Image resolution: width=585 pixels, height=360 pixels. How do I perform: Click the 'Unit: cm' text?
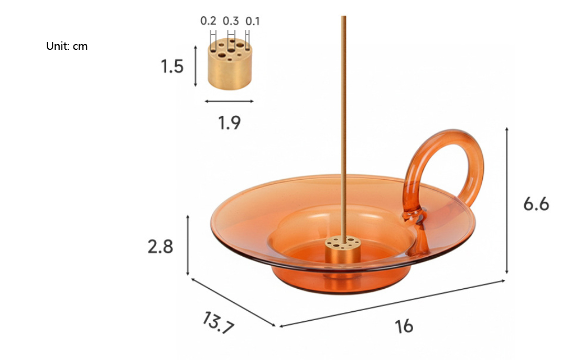pos(67,46)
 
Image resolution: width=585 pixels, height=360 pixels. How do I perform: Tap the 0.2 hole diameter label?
pos(208,21)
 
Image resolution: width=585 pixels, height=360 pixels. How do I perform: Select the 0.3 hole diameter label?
pos(231,21)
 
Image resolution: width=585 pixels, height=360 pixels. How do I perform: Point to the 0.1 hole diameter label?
pos(253,21)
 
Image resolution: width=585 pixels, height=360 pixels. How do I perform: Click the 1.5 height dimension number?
pos(172,67)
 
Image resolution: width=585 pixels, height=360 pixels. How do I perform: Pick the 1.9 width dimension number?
pos(229,123)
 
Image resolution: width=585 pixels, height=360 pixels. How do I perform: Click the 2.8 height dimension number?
pos(160,246)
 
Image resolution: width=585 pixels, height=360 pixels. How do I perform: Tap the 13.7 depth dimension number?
pos(217,323)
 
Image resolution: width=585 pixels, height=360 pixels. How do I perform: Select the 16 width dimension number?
pos(404,326)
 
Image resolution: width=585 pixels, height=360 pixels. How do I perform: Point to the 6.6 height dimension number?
pos(536,203)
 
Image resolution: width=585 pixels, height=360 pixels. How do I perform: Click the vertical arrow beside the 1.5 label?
pos(196,66)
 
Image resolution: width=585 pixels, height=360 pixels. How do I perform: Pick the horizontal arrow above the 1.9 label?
pos(229,101)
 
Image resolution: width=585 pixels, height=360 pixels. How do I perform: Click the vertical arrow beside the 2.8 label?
pos(188,245)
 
